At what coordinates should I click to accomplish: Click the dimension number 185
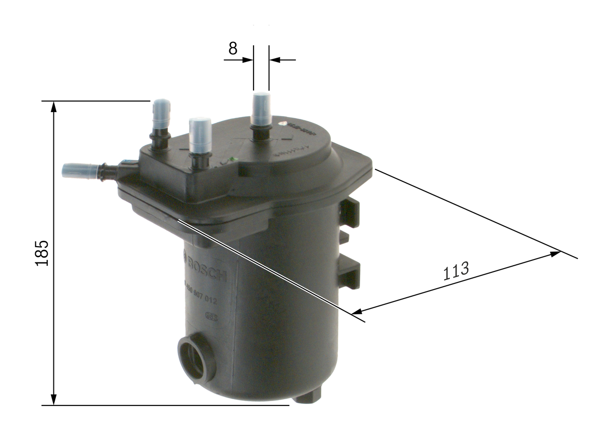coord(42,252)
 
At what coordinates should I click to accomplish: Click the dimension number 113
coord(456,270)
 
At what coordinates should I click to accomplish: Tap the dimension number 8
coord(233,48)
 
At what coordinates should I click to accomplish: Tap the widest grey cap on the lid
coord(200,135)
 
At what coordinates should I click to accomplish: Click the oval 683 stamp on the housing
coord(211,317)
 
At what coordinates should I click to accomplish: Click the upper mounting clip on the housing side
coord(350,212)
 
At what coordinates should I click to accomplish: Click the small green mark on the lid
coord(232,159)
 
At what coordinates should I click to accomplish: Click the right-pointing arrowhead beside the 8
coord(247,60)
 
